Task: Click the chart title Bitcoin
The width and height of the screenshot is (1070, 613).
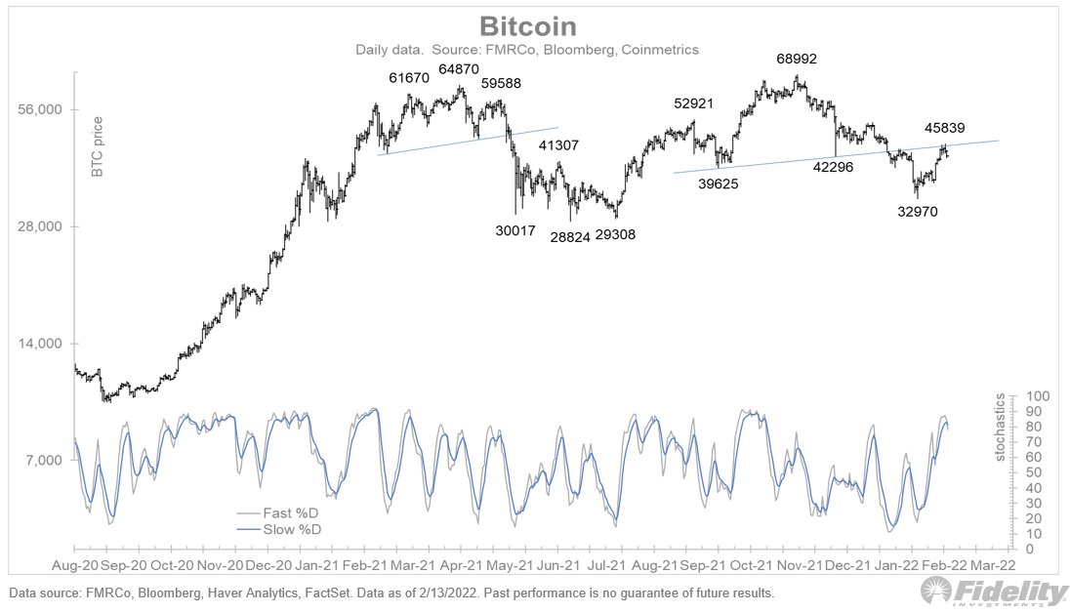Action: pos(534,25)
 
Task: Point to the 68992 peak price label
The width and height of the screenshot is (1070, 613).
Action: pos(797,60)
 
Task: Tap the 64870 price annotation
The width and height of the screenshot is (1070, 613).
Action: pos(459,70)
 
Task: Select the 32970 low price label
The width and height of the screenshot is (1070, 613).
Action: pos(919,210)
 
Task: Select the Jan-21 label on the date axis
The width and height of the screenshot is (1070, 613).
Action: pos(316,564)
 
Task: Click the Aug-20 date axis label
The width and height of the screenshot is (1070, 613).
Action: pos(75,564)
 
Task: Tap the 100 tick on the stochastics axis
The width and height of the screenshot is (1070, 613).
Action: pos(1038,396)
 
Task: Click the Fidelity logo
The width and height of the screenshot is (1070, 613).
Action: pos(995,592)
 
